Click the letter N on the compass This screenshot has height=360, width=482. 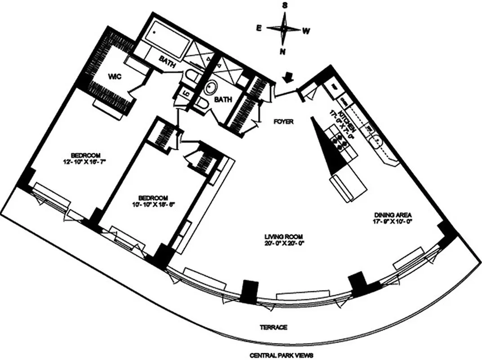pos(283,51)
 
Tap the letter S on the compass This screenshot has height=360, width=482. pos(285,5)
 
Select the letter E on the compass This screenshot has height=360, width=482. pos(259,28)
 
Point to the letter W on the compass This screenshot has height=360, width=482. pos(306,31)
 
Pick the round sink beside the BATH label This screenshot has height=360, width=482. pos(210,88)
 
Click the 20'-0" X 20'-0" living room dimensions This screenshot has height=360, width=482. pos(282,243)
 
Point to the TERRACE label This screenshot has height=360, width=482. pos(273,328)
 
